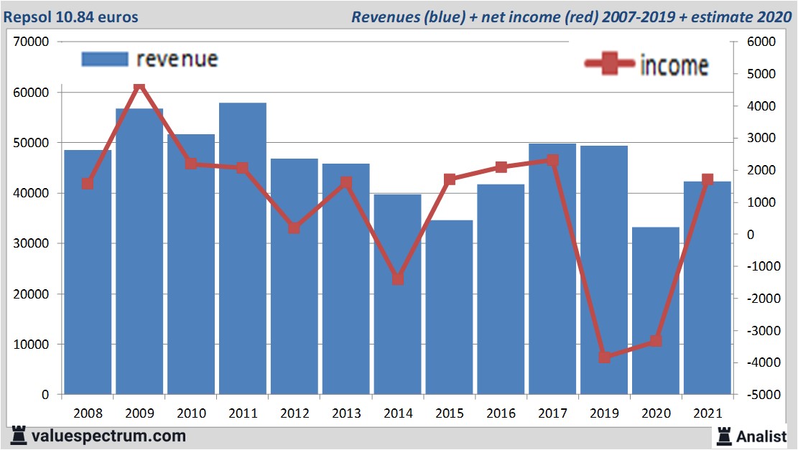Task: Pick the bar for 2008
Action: click(88, 272)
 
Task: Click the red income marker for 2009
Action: click(139, 88)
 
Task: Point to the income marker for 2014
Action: click(397, 278)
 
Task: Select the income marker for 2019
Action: click(604, 357)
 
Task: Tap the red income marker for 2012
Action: click(294, 228)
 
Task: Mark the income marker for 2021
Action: click(707, 179)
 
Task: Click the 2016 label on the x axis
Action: click(501, 413)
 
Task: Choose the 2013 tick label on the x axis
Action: click(345, 413)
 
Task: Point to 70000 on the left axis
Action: click(31, 42)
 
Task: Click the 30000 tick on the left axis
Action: click(31, 243)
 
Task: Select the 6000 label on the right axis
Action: click(761, 42)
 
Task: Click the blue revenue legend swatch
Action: click(104, 59)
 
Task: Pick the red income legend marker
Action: click(610, 65)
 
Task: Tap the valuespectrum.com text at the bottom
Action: click(108, 436)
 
